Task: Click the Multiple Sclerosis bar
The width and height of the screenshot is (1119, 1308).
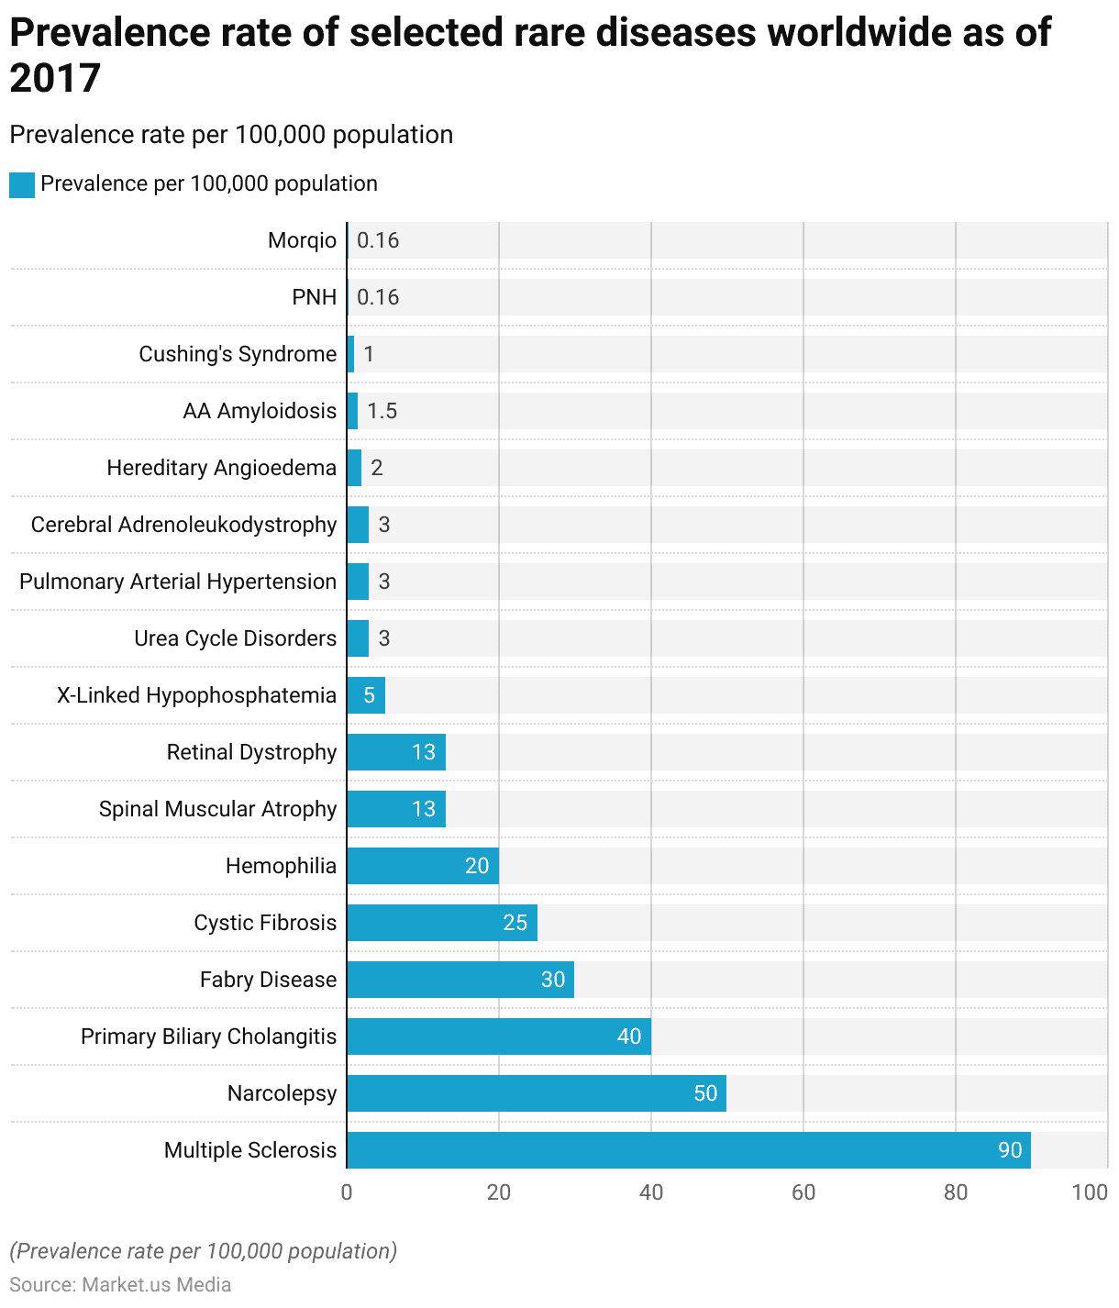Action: coord(688,1150)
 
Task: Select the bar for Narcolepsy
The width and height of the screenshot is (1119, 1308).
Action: coord(537,1093)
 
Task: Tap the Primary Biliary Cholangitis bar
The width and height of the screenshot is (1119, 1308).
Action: coord(499,1036)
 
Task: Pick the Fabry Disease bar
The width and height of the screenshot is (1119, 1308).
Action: coord(460,980)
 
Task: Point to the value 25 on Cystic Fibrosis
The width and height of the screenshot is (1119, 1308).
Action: coord(515,923)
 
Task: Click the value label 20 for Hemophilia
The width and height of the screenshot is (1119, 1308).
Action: coord(477,866)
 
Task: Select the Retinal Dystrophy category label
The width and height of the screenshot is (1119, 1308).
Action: coord(251,752)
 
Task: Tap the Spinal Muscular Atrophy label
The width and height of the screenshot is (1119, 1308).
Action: coord(217,809)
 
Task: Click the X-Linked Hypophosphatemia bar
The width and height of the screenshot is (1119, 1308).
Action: coord(366,695)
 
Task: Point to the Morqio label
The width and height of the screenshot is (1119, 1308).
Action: coord(302,240)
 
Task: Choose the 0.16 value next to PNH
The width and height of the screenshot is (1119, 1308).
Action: coord(378,297)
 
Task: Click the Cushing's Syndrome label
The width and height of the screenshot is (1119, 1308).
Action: coord(238,354)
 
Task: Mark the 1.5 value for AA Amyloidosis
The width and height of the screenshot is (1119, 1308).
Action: coord(382,411)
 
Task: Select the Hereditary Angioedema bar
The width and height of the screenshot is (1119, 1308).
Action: coord(354,468)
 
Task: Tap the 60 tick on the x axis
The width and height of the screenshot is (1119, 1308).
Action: coord(803,1192)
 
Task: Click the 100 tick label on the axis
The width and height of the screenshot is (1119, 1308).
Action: coord(1090,1192)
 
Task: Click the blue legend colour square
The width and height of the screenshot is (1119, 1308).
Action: coord(22,184)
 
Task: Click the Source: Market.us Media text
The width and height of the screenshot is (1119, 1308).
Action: coord(120,1284)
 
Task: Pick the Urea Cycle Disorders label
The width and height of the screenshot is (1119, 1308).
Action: coord(235,638)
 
